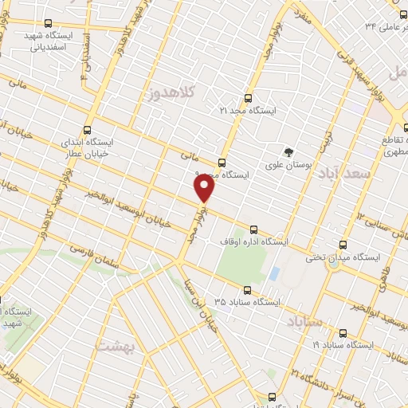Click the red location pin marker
(205, 188)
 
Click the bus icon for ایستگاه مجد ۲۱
(246, 100)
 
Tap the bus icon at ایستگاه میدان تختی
(343, 245)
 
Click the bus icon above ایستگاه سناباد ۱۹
(343, 334)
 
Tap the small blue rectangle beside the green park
(274, 274)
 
